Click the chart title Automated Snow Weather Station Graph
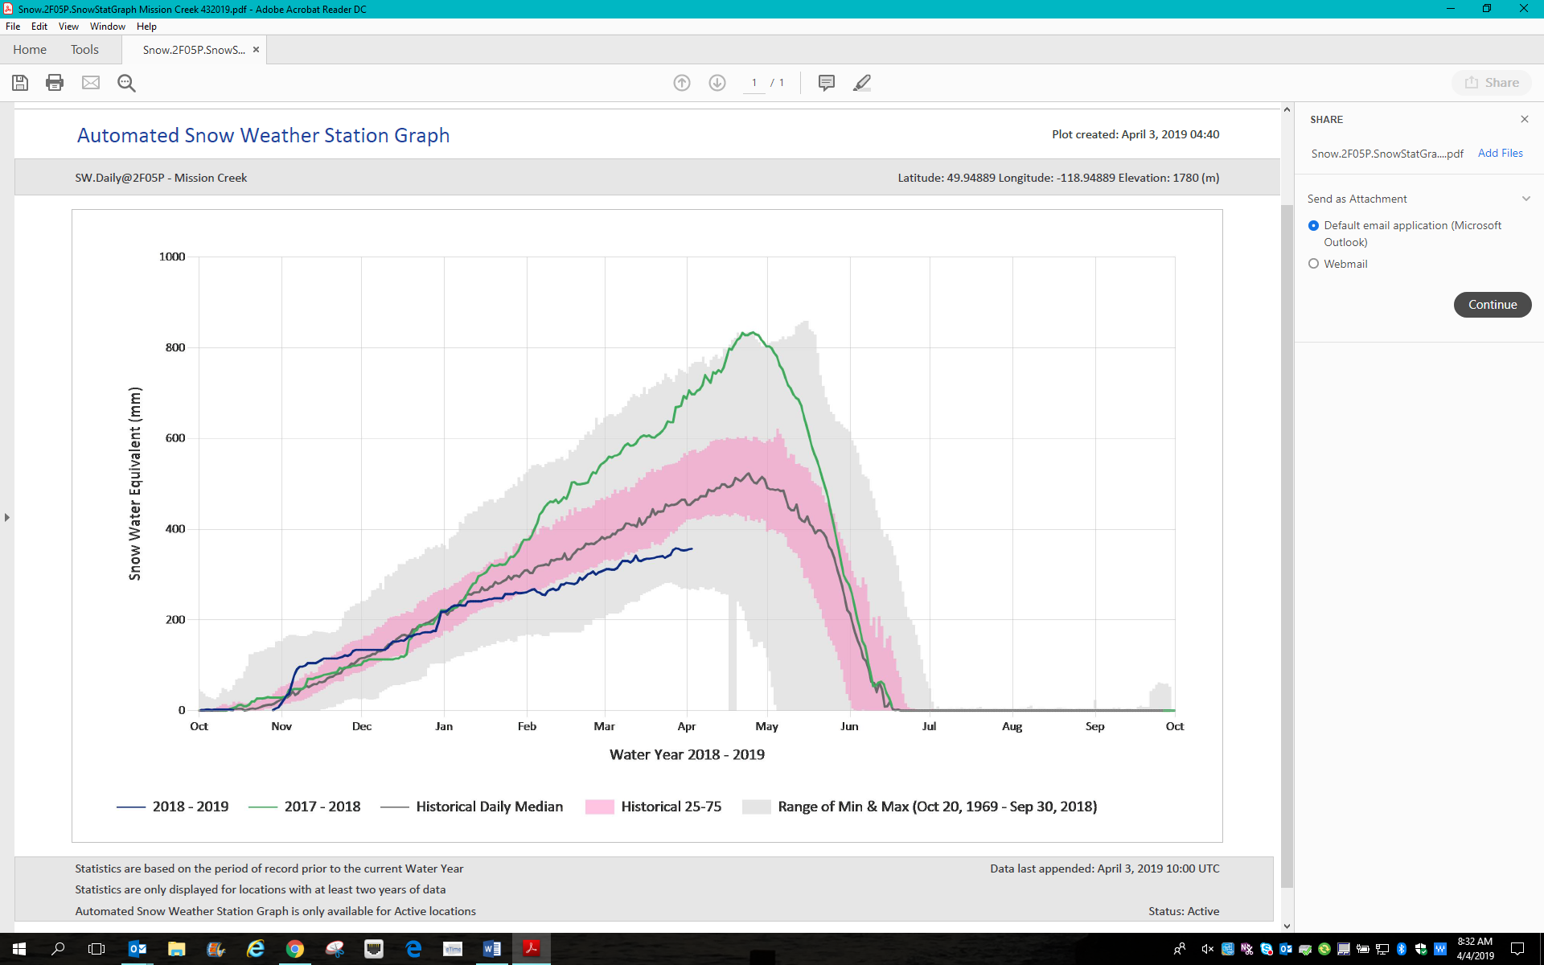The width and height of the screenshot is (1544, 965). pos(263,135)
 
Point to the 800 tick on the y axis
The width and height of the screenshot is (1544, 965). pos(175,347)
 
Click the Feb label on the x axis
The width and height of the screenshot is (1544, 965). pos(527,726)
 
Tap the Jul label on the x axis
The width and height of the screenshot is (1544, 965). pos(929,726)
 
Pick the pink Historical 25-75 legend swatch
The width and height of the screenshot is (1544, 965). pos(599,807)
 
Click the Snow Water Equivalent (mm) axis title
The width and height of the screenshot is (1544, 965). pos(135,483)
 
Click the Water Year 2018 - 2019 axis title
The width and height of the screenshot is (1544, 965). pos(687,754)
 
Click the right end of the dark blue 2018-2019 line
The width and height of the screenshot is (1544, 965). pos(692,548)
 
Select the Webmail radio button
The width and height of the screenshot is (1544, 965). pos(1314,264)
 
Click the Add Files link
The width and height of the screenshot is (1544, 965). pos(1500,153)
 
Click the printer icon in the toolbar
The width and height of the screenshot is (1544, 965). pos(55,83)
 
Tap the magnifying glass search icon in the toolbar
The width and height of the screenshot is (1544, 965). pos(126,83)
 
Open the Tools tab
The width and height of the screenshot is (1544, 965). pos(84,50)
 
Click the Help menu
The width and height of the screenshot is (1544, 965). pos(146,27)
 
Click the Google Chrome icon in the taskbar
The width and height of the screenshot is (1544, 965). pos(295,949)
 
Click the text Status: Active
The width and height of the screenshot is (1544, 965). pos(1184,911)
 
